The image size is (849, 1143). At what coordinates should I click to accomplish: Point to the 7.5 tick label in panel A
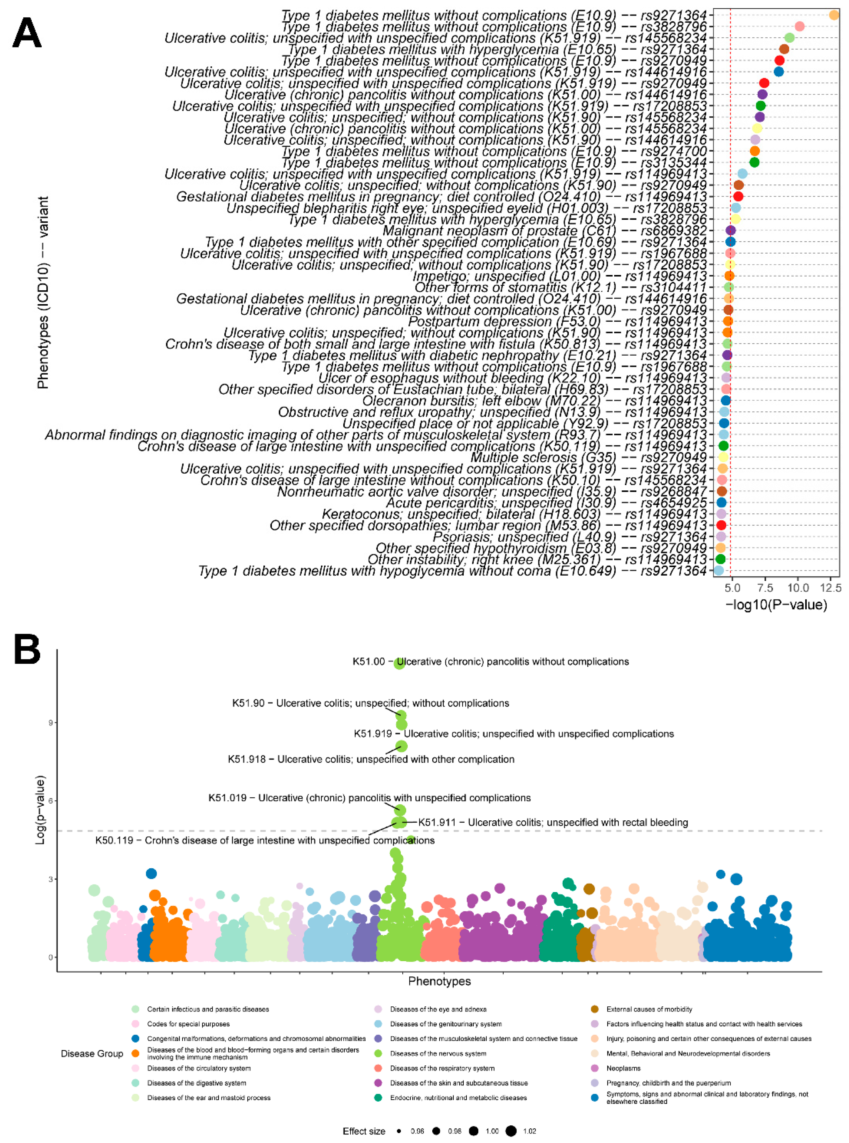click(x=765, y=588)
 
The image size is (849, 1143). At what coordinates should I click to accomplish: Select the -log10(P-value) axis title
click(x=776, y=605)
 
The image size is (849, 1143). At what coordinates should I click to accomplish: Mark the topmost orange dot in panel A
click(x=833, y=15)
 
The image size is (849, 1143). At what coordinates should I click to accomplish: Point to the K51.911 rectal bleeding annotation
click(x=552, y=822)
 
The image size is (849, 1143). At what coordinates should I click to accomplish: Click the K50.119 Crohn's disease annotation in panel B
click(x=265, y=840)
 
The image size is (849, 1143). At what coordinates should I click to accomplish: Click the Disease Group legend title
click(x=92, y=1054)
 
